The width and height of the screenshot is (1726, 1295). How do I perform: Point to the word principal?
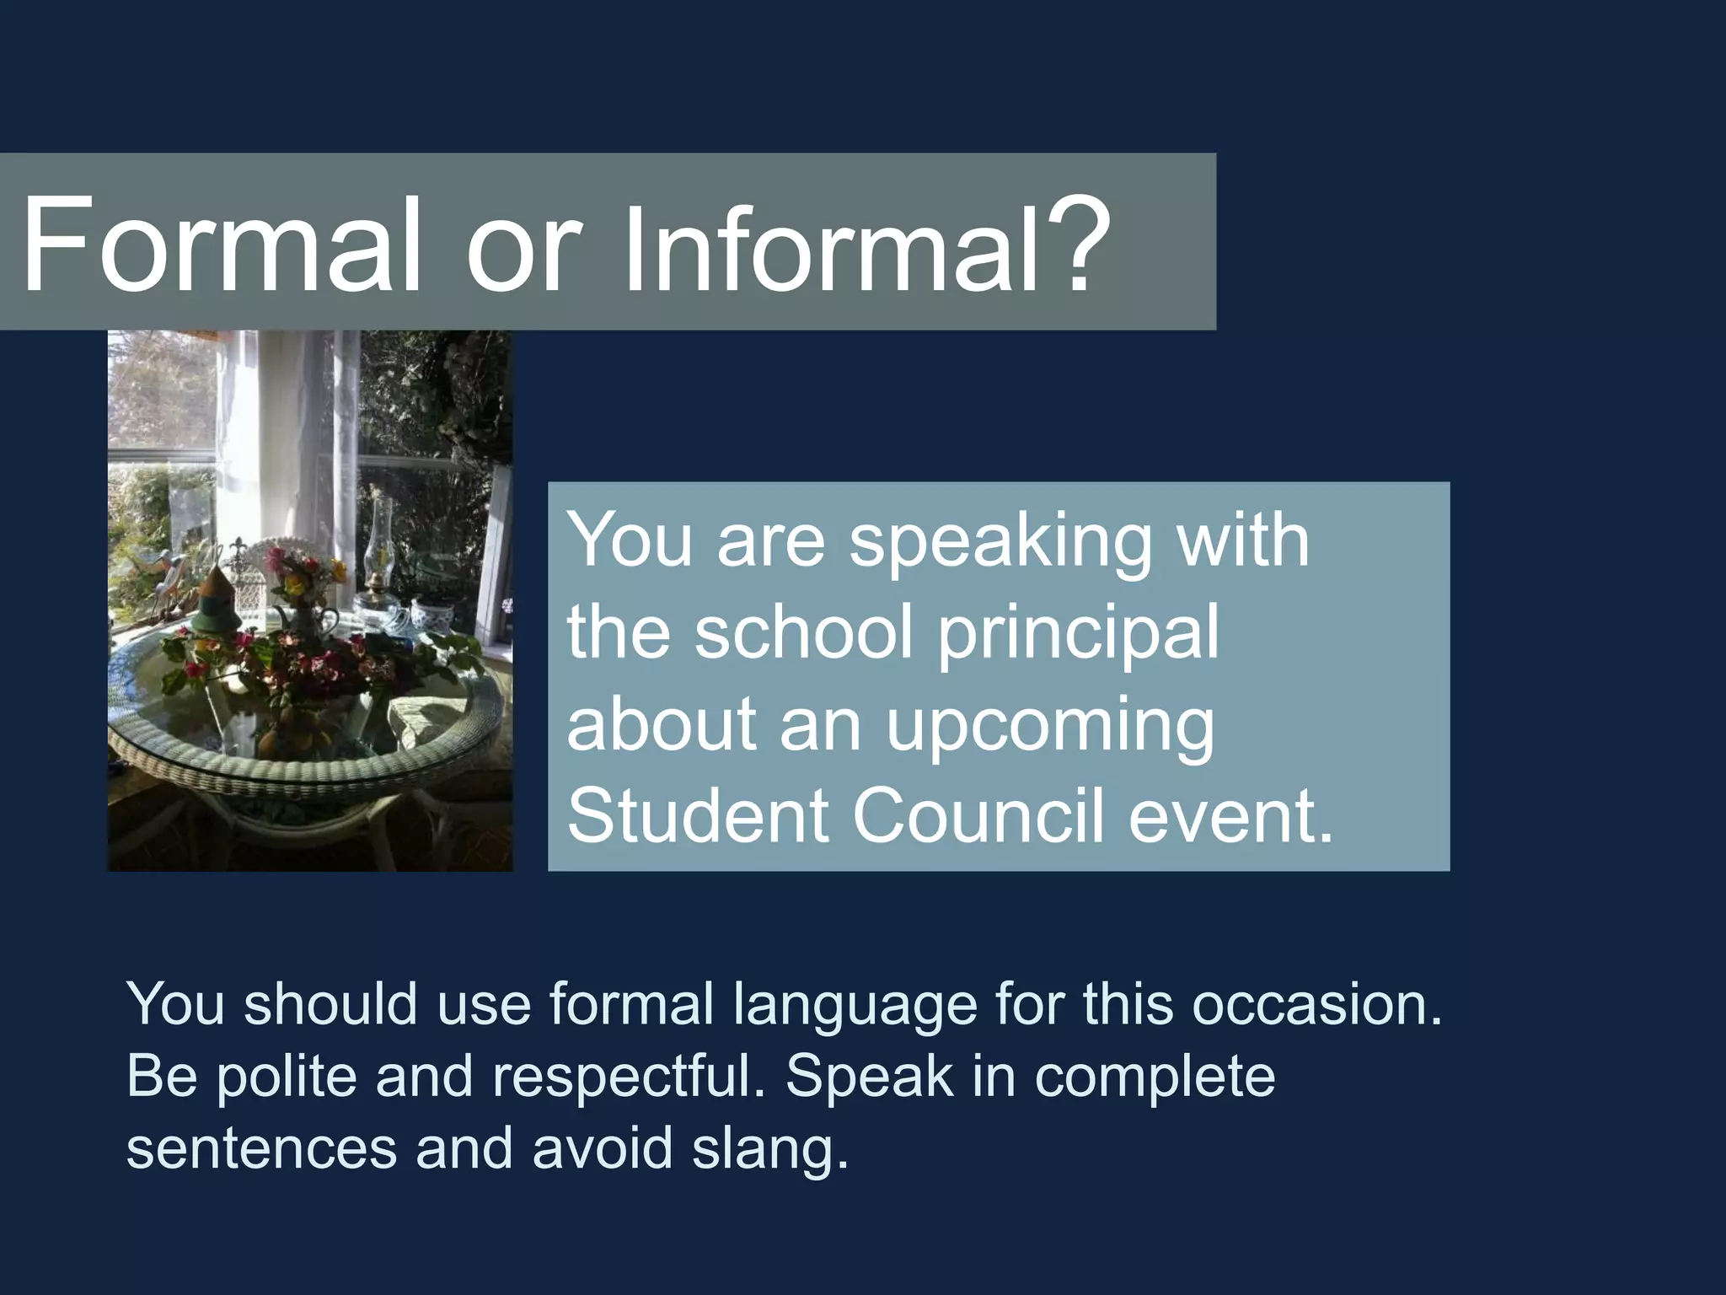coord(1078,634)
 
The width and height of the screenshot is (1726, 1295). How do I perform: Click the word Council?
coord(978,816)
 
